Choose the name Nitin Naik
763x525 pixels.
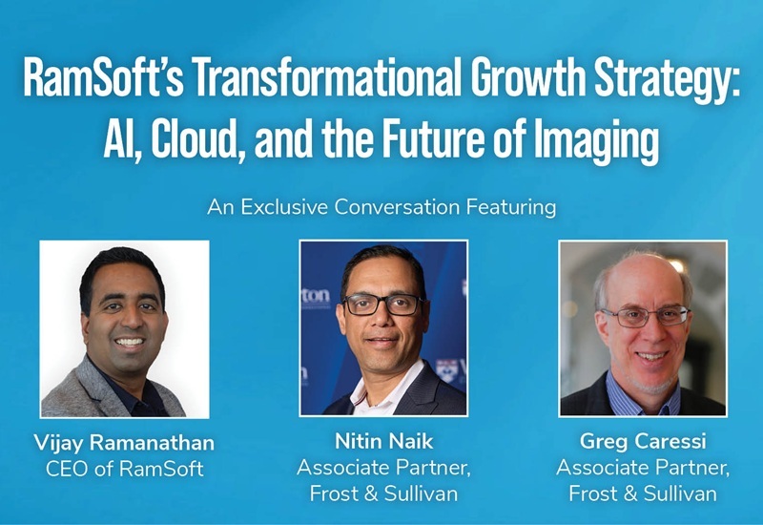click(x=381, y=442)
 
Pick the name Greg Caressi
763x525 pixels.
click(x=641, y=442)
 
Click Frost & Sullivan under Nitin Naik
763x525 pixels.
click(x=381, y=493)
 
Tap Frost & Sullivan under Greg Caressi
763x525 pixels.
click(x=641, y=493)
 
